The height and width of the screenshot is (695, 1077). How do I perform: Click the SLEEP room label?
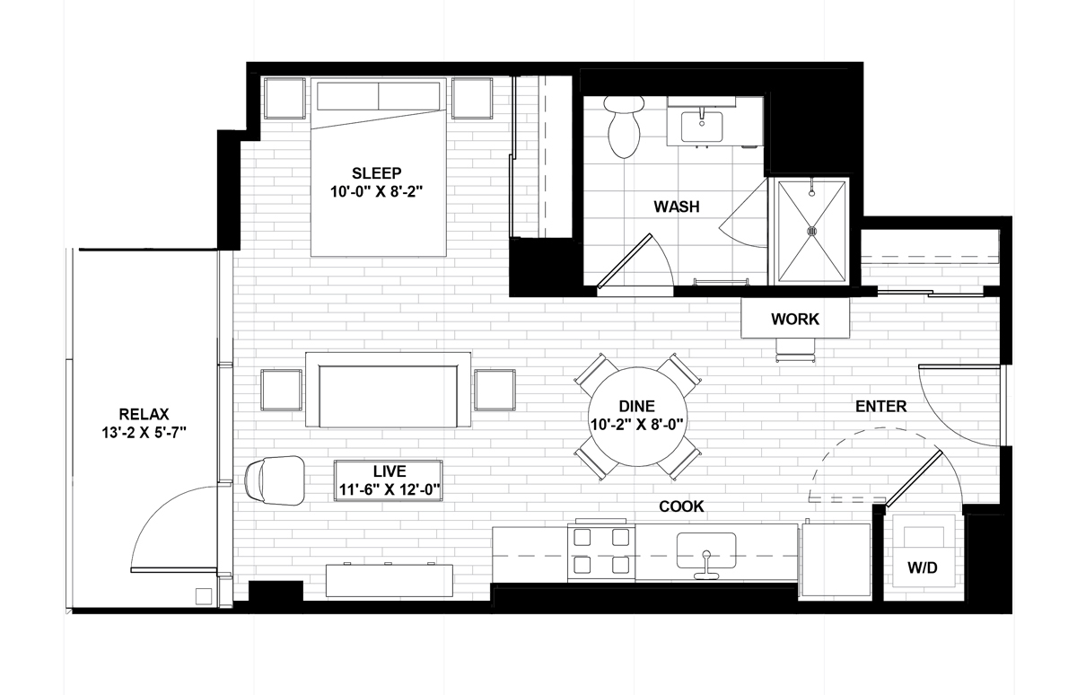(x=376, y=172)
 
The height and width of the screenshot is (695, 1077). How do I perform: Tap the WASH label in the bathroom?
(x=677, y=207)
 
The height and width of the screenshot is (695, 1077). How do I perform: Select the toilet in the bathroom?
(x=624, y=127)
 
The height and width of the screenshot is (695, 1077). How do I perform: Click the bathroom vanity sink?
(x=702, y=127)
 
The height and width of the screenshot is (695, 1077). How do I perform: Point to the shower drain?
(x=812, y=232)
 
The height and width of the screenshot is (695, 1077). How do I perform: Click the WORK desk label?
(x=795, y=319)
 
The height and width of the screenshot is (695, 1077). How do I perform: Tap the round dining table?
(x=637, y=417)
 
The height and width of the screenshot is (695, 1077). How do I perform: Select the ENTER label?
(x=880, y=407)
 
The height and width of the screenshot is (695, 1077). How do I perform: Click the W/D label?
(x=923, y=567)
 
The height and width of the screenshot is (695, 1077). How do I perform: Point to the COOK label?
(x=681, y=506)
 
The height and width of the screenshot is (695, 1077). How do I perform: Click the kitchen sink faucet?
(x=706, y=565)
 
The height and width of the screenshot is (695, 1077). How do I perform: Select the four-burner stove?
(x=601, y=551)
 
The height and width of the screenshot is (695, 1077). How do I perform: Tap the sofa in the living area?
(x=388, y=390)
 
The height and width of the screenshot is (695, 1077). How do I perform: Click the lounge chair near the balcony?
(x=275, y=480)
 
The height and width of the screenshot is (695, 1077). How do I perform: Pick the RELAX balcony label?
(x=144, y=414)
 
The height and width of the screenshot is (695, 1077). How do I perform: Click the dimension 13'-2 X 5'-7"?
(x=144, y=433)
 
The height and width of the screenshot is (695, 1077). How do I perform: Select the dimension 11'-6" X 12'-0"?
(x=390, y=489)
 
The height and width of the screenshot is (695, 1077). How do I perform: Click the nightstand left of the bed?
(x=285, y=98)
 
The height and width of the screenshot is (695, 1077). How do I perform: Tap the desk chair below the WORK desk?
(x=795, y=349)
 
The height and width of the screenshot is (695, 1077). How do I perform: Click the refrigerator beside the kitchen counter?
(x=836, y=560)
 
